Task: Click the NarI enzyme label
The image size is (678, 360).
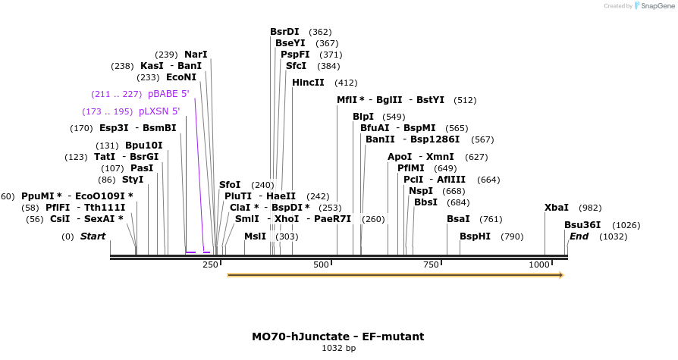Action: [x=196, y=55]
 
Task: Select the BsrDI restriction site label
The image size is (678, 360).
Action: [x=284, y=32]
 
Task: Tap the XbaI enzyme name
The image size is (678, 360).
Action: [x=557, y=208]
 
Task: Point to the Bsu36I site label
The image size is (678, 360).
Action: [x=582, y=225]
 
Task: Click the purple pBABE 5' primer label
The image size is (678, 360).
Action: [x=168, y=94]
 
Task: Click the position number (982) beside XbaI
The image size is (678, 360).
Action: [x=590, y=208]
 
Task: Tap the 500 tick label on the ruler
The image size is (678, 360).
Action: [x=321, y=265]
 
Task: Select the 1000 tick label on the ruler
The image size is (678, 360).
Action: [x=539, y=265]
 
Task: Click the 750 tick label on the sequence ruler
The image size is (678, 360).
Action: [x=430, y=265]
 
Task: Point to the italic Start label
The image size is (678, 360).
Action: [x=93, y=236]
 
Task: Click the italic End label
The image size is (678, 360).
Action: [x=579, y=236]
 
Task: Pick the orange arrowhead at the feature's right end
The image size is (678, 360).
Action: [x=560, y=274]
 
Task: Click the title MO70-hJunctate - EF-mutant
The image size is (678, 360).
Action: [x=338, y=336]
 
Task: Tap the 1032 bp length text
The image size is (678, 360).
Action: [x=338, y=349]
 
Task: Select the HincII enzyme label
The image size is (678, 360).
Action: [x=308, y=83]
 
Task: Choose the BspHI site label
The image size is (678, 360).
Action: [x=475, y=236]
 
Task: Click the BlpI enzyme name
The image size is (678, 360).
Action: [x=363, y=117]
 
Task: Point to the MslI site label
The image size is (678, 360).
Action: [x=256, y=236]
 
